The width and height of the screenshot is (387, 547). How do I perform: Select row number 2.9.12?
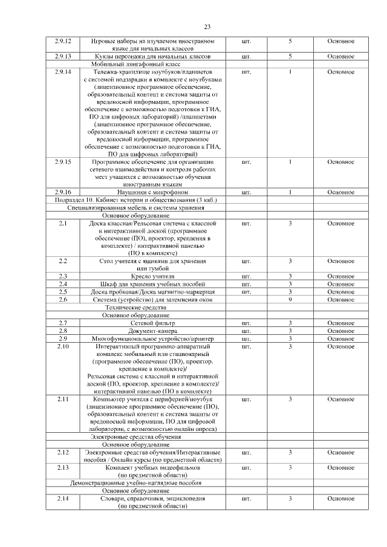tap(63, 40)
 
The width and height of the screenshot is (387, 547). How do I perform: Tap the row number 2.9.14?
tap(63, 72)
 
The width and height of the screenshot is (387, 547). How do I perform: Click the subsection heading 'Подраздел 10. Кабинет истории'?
tap(136, 199)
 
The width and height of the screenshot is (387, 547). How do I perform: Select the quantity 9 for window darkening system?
tap(290, 299)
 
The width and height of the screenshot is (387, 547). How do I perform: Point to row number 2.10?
tap(63, 346)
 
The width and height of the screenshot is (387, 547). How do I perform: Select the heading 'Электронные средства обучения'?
tap(136, 436)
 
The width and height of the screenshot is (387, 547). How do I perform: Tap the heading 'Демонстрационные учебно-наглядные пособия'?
tap(136, 483)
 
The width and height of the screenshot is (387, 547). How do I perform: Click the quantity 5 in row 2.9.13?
tap(290, 56)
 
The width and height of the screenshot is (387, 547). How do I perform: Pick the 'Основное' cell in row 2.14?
tap(341, 498)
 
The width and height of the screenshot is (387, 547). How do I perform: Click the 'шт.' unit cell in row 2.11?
tap(246, 399)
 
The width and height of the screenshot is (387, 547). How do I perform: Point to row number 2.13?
tap(63, 467)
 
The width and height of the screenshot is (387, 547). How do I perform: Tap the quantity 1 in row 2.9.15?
tap(290, 161)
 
